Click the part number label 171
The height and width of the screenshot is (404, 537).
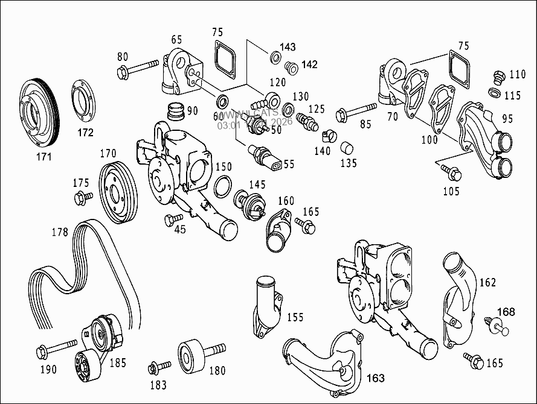coord(43,157)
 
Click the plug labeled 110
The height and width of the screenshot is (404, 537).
coord(499,77)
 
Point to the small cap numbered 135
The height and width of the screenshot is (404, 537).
coord(347,147)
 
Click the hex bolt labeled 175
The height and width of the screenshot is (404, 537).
coord(83,197)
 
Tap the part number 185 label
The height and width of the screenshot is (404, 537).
coord(117,363)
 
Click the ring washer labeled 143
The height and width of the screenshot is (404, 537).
coord(274,58)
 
